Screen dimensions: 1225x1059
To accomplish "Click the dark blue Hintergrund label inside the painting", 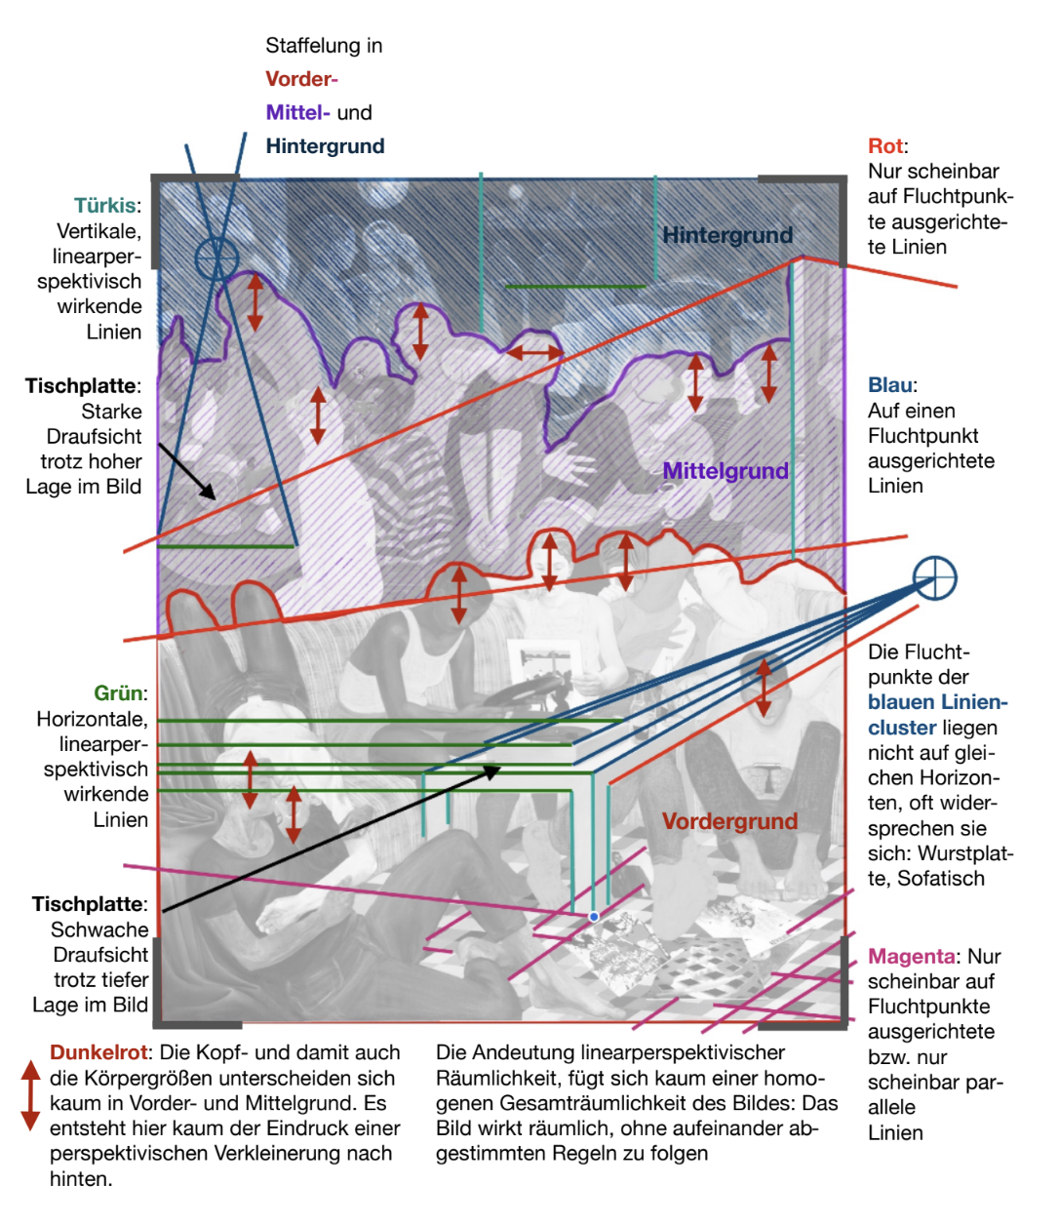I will click(x=727, y=235).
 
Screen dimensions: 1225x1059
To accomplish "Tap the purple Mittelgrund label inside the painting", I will click(x=726, y=471).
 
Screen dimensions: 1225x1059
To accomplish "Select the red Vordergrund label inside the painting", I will click(x=729, y=821).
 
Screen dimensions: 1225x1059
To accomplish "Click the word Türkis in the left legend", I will click(x=104, y=206).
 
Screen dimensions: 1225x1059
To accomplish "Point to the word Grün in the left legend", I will click(x=118, y=693).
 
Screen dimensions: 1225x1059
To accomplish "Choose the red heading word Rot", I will click(x=885, y=146).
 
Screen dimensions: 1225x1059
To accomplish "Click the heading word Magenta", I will click(x=912, y=957).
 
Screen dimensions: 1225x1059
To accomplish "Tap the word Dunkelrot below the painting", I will click(x=98, y=1053).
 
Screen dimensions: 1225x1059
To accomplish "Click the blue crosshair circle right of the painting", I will click(x=934, y=577).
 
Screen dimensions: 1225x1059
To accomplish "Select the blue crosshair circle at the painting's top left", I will click(x=216, y=259).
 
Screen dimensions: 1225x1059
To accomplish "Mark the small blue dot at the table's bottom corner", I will click(x=594, y=917).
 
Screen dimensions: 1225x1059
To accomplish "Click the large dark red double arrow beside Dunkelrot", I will click(x=30, y=1095).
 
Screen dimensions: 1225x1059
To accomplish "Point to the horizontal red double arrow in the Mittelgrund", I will click(x=534, y=352).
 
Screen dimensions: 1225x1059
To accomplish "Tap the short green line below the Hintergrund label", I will click(x=575, y=287).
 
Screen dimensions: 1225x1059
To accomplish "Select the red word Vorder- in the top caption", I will click(x=301, y=79).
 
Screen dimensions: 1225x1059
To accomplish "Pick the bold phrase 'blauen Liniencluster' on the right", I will click(x=937, y=715).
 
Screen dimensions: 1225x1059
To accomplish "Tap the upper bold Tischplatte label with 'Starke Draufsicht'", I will click(x=82, y=386).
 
